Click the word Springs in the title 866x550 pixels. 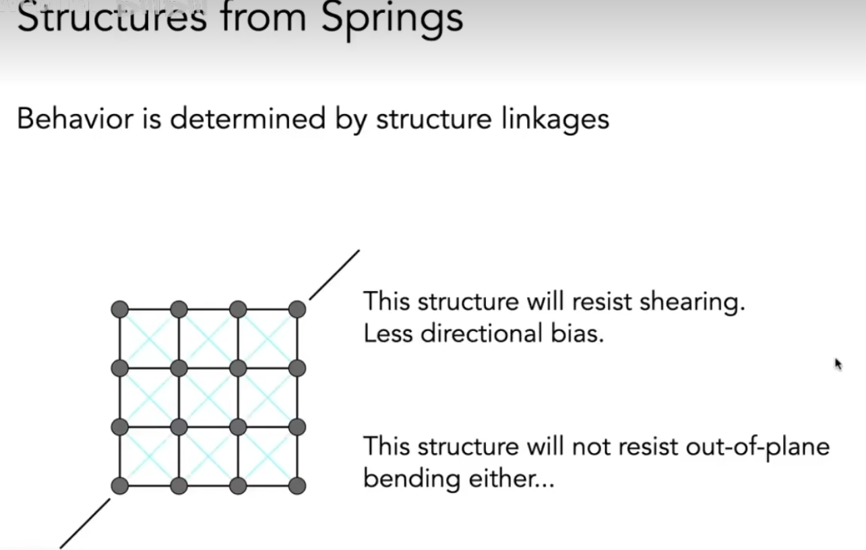[392, 18]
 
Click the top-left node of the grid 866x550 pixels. [119, 309]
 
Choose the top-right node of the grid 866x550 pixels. [297, 309]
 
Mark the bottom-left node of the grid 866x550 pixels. [119, 486]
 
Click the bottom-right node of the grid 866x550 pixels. [297, 486]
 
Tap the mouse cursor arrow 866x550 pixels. [838, 365]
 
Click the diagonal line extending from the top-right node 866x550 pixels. [334, 274]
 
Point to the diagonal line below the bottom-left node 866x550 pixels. [86, 523]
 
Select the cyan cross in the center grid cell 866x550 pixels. [208, 398]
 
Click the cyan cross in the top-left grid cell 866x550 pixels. [149, 339]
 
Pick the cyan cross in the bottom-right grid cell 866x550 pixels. [268, 456]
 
